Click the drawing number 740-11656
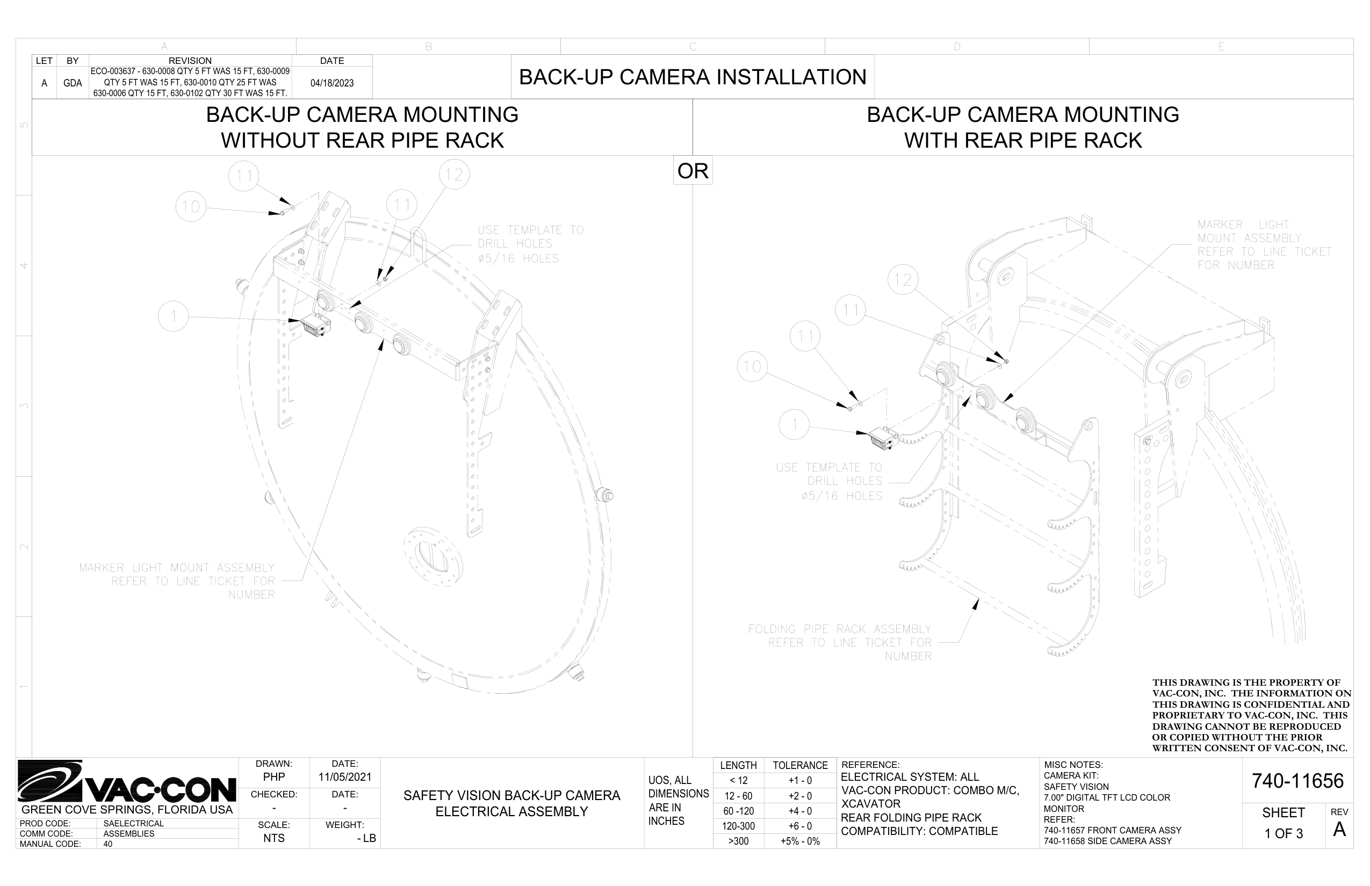[x=1297, y=781]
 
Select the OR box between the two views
[x=693, y=171]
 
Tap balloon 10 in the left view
[x=191, y=207]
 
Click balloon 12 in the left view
[x=454, y=175]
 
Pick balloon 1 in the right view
[x=794, y=425]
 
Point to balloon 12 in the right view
[x=903, y=280]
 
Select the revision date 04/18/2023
[x=331, y=83]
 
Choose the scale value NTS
[x=274, y=838]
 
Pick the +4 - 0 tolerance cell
[x=799, y=811]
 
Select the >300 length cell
[x=738, y=841]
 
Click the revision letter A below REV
[x=1339, y=830]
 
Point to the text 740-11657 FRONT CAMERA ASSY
[x=1112, y=830]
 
